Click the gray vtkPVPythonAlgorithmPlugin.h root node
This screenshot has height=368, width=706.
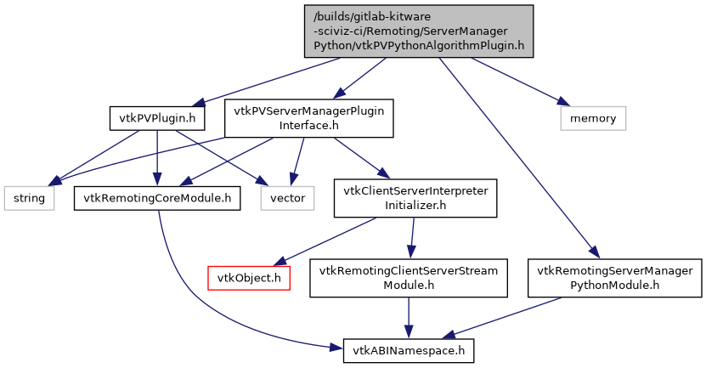coord(419,31)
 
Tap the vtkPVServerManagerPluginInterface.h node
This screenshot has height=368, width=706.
coord(308,119)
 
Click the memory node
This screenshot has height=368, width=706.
coord(592,118)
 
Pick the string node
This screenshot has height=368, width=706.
coord(27,198)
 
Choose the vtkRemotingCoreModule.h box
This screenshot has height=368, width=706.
coord(157,198)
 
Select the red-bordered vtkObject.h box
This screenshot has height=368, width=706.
coord(250,278)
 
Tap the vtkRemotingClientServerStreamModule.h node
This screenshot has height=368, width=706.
coord(408,278)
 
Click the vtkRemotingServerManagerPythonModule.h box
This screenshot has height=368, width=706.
coord(615,278)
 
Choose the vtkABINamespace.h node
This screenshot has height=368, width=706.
coord(408,349)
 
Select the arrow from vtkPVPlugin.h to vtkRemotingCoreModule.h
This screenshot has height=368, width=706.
coord(158,158)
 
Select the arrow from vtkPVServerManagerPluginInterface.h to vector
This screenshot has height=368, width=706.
coord(298,161)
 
